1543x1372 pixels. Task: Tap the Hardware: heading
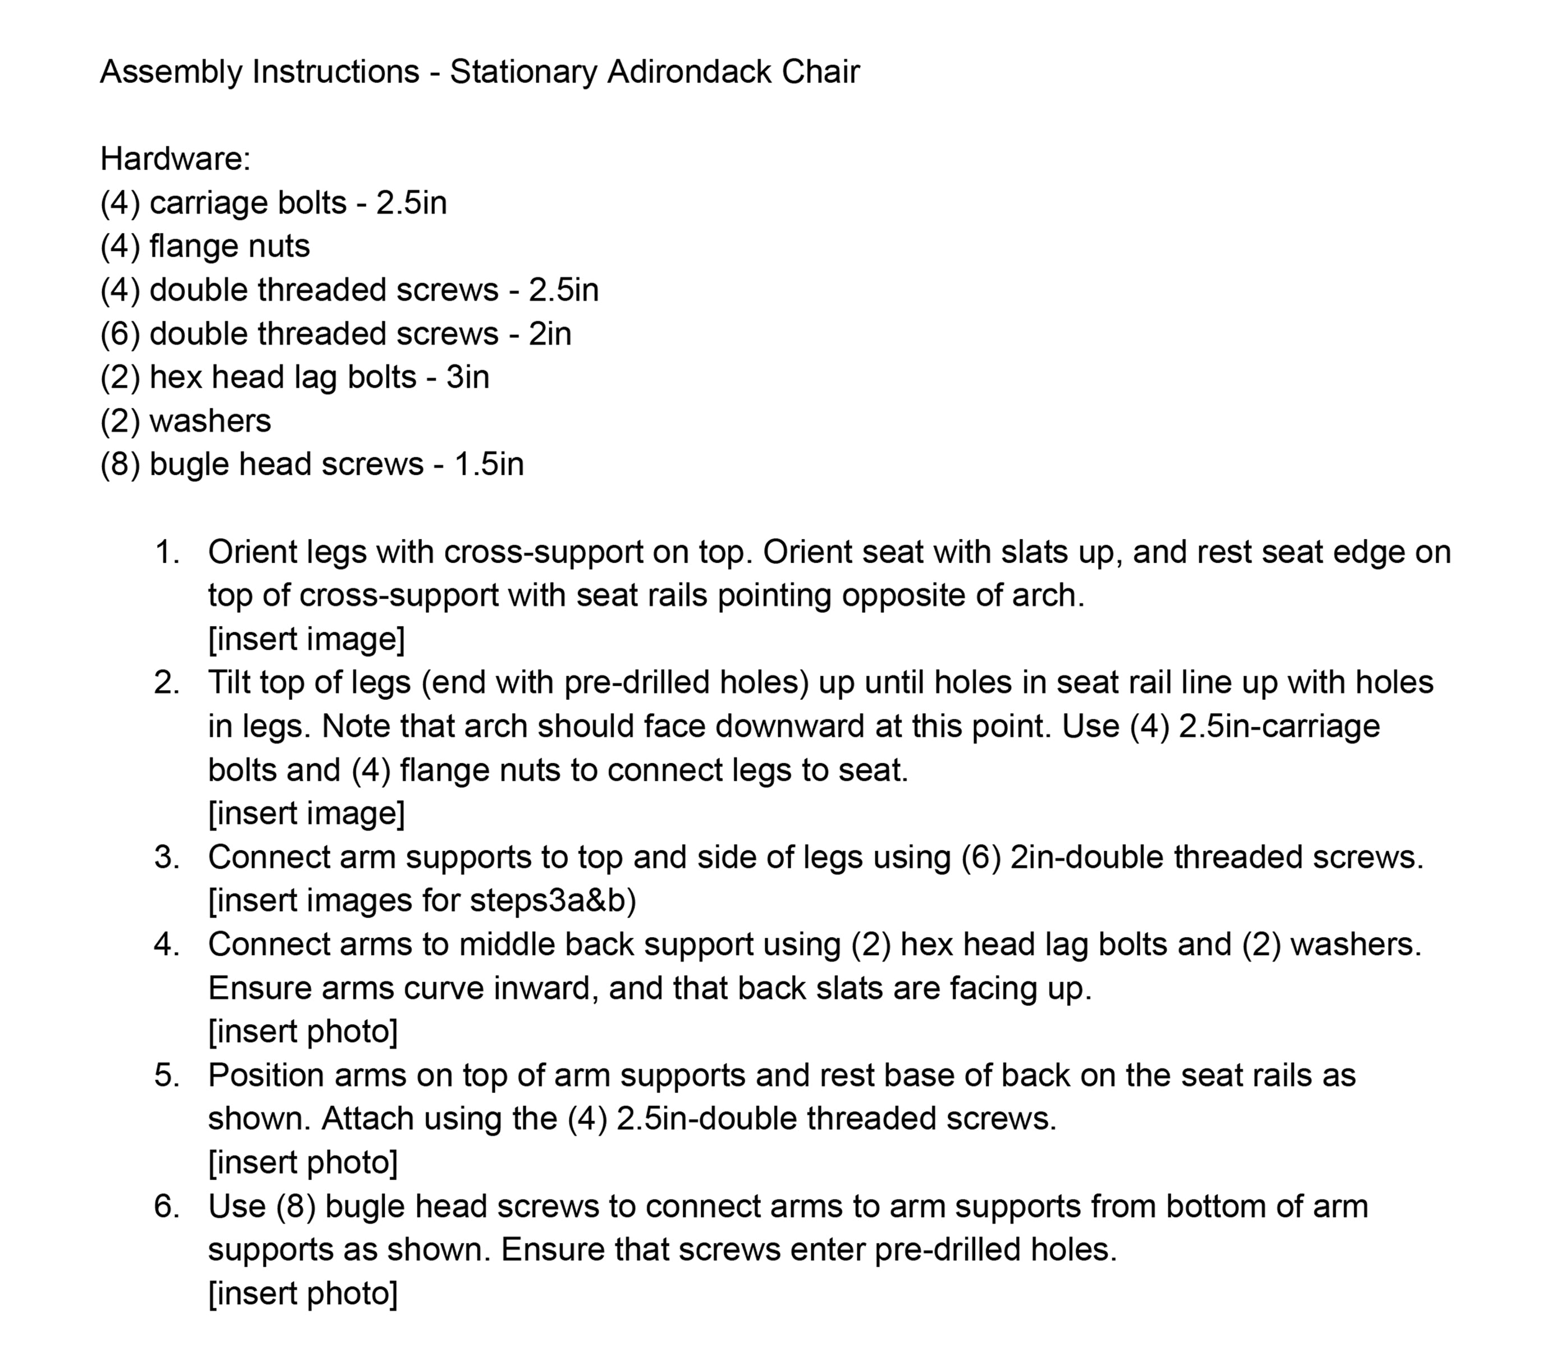pyautogui.click(x=175, y=159)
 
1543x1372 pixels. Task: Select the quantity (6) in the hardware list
pyautogui.click(x=120, y=334)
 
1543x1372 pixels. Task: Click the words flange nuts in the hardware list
pyautogui.click(x=229, y=247)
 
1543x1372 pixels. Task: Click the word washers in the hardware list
pyautogui.click(x=210, y=421)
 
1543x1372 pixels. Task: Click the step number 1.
pyautogui.click(x=167, y=553)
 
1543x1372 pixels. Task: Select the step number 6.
pyautogui.click(x=166, y=1206)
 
